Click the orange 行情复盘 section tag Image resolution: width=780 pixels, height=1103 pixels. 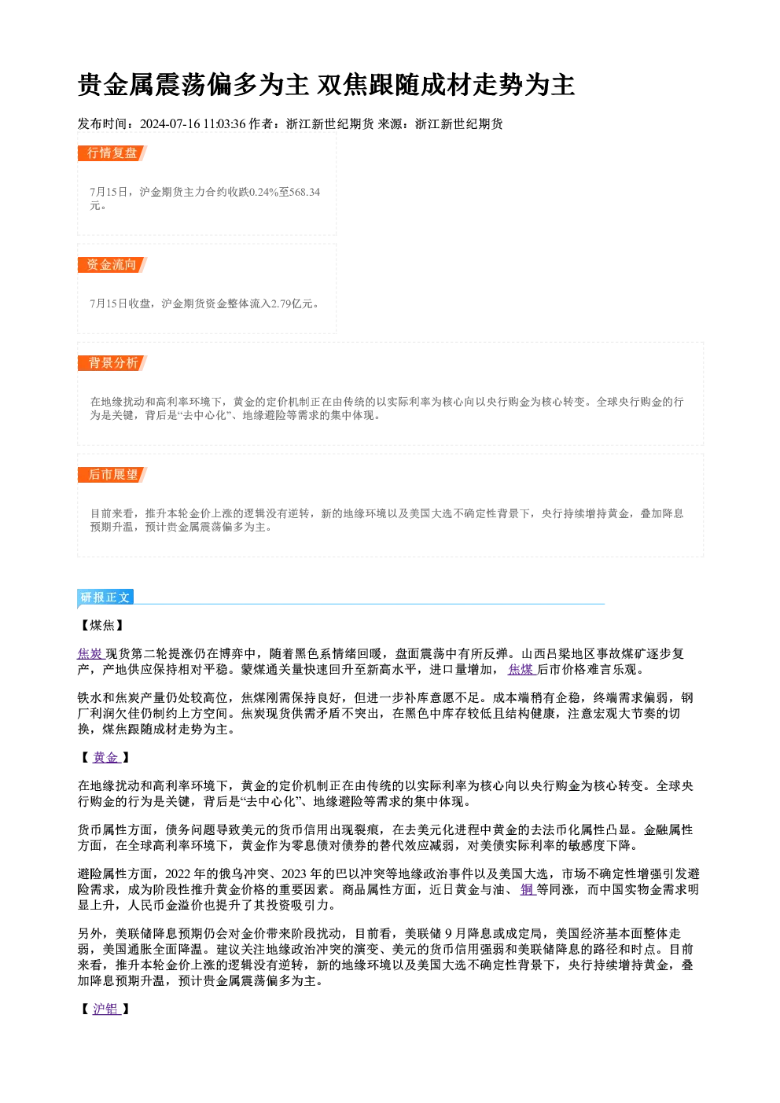pyautogui.click(x=112, y=153)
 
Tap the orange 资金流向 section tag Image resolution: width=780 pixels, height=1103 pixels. pyautogui.click(x=112, y=265)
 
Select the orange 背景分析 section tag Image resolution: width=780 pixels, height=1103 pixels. pyautogui.click(x=112, y=363)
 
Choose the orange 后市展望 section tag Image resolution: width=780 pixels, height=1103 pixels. pyautogui.click(x=112, y=475)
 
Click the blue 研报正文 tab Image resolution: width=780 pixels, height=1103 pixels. pyautogui.click(x=105, y=597)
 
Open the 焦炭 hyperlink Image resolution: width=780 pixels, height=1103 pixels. pyautogui.click(x=90, y=653)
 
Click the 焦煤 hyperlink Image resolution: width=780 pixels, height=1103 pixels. pyautogui.click(x=521, y=669)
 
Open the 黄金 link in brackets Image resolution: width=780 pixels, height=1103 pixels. pyautogui.click(x=106, y=757)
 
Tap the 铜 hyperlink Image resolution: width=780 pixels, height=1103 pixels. pyautogui.click(x=528, y=890)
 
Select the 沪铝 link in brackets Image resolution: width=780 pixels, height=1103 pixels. pyautogui.click(x=106, y=1009)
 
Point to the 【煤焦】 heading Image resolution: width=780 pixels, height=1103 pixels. pyautogui.click(x=102, y=625)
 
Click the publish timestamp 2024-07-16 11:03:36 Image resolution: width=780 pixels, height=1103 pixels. pyautogui.click(x=193, y=123)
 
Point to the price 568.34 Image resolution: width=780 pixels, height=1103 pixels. pyautogui.click(x=304, y=192)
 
